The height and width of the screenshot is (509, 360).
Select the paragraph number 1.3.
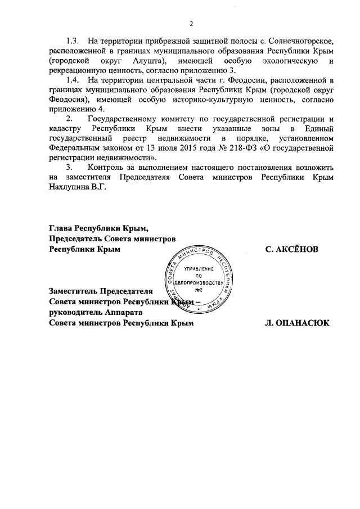73,42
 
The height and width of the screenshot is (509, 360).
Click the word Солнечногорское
303,42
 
